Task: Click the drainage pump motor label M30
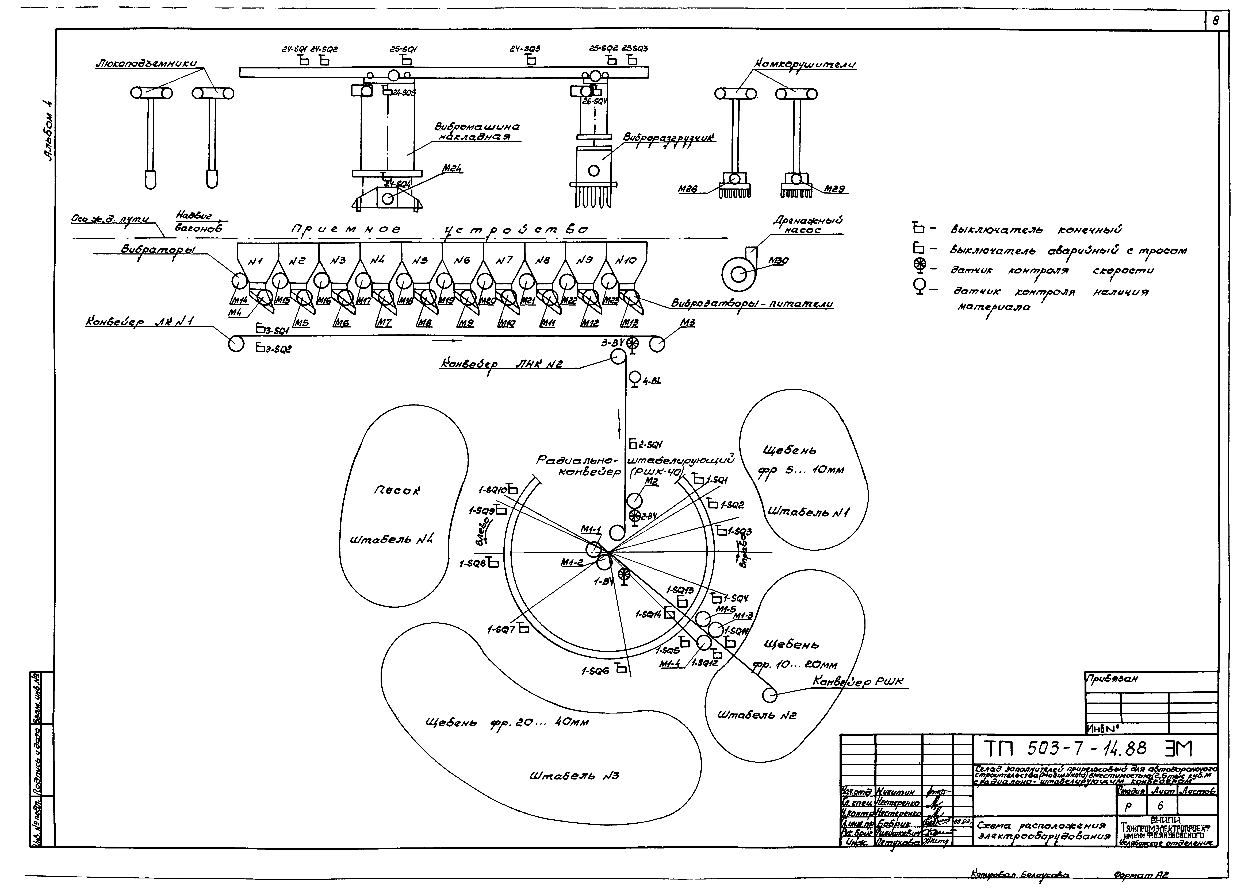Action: pos(778,261)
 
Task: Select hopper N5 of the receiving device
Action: pos(420,261)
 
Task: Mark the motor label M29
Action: pos(836,189)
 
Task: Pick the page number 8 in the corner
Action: pos(1216,21)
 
